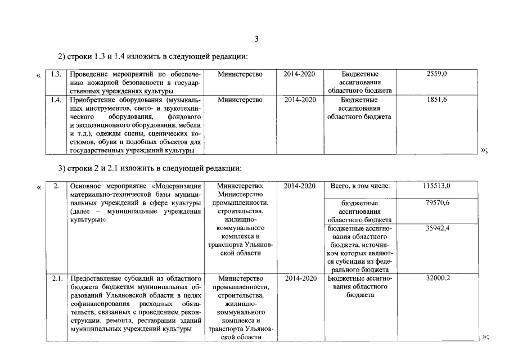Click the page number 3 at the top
[256, 39]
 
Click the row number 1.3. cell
[56, 74]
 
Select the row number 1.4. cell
[56, 100]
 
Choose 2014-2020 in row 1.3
[300, 74]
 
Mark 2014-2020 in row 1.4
[300, 100]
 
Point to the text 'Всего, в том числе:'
[359, 186]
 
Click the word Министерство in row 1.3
[240, 74]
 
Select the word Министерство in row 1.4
[240, 100]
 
